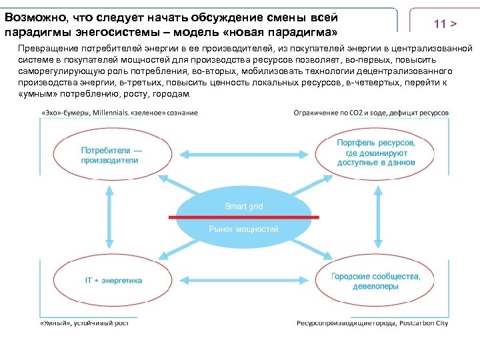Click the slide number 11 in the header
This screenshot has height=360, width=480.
click(439, 24)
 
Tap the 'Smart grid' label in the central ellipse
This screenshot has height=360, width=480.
click(243, 206)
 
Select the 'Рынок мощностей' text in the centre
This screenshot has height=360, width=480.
click(243, 229)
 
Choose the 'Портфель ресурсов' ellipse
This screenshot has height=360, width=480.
click(376, 153)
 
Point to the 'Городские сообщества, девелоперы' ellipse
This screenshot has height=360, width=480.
click(376, 281)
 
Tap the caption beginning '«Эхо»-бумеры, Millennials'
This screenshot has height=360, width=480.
click(119, 113)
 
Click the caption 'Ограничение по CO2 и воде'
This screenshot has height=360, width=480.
click(371, 113)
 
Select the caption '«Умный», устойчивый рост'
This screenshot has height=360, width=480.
click(83, 323)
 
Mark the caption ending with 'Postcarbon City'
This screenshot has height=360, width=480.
click(372, 323)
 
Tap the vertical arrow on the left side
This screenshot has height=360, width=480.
click(107, 218)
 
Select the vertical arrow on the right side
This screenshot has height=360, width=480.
click(377, 218)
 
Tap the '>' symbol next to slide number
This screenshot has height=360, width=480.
click(453, 24)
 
